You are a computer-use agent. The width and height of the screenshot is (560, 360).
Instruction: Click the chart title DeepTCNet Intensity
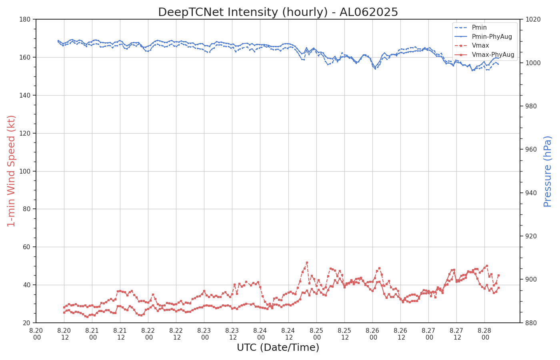278,12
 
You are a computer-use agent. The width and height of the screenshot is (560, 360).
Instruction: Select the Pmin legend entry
479,28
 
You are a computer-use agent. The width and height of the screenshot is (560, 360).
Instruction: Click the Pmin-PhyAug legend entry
492,37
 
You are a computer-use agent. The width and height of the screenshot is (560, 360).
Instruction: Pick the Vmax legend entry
480,46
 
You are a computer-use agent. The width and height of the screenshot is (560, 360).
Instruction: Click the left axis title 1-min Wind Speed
11,171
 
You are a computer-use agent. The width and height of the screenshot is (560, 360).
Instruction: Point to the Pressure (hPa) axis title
548,171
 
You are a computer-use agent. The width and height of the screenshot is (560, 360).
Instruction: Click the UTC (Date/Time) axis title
278,348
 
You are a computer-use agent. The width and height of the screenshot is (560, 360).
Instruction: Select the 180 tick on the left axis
26,19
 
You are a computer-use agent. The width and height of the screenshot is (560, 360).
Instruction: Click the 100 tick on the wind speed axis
26,171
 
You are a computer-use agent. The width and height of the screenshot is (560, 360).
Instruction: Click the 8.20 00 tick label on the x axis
36,334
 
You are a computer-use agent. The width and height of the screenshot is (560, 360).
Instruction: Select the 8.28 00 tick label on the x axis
484,334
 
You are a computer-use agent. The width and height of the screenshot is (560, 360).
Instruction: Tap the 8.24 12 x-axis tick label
288,334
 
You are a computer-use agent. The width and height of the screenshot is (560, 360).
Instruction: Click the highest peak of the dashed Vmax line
307,263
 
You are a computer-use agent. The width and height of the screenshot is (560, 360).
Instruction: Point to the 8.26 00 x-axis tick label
372,334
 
